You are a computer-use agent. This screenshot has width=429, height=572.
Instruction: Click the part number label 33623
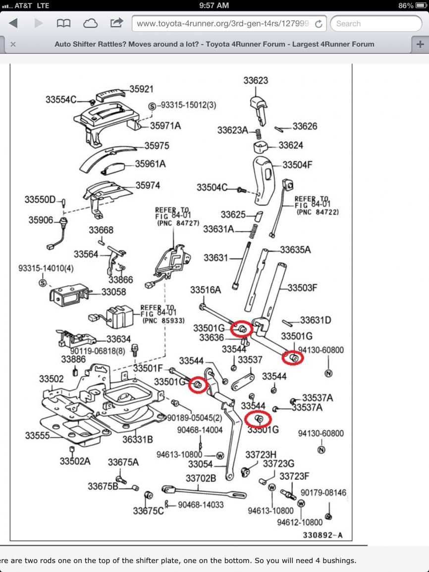pos(256,80)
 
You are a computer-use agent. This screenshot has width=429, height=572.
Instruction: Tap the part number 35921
pos(141,89)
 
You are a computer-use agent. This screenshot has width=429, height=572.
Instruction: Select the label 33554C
pos(61,100)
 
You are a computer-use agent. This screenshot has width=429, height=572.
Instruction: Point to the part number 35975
pos(157,146)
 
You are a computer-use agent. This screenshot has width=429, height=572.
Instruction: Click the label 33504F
pos(297,165)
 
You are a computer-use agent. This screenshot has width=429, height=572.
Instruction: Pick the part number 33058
pos(113,292)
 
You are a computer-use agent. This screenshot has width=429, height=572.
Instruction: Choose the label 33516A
pos(206,289)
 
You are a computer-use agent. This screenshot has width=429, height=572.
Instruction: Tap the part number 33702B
pos(201,478)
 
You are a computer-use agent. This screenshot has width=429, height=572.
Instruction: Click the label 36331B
pos(137,439)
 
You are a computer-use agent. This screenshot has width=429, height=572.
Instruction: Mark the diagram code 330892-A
pos(322,535)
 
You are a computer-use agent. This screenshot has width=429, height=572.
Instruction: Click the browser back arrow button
pos(13,23)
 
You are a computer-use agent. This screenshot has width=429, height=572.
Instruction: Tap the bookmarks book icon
pos(63,23)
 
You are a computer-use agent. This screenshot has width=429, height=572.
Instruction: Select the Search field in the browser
pos(376,24)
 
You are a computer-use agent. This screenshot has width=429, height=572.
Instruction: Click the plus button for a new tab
pos(420,44)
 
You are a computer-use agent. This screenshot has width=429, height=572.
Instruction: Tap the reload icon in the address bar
pos(319,24)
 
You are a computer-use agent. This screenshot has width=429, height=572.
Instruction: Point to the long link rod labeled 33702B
pos(204,492)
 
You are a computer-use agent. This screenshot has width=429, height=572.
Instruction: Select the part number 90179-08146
pos(323,493)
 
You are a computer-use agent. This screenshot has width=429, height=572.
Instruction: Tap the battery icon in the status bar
pos(421,5)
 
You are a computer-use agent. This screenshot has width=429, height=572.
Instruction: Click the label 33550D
pos(40,200)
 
